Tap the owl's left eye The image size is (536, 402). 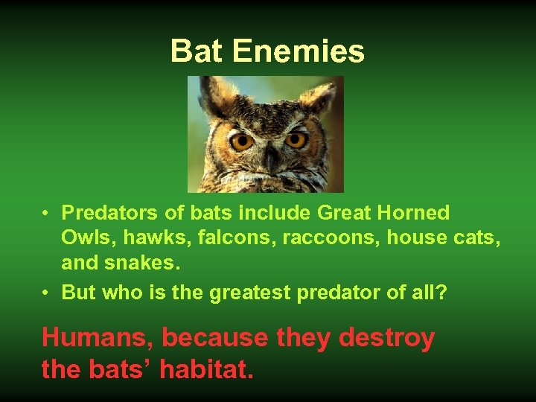point(241,140)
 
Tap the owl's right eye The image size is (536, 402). point(296,139)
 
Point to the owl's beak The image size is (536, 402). point(270,158)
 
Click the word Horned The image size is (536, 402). point(415,213)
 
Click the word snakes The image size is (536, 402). point(138,263)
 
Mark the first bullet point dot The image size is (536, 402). point(46,214)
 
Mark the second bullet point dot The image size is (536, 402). point(46,293)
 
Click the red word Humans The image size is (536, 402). point(97,338)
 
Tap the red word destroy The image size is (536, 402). point(386,338)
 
